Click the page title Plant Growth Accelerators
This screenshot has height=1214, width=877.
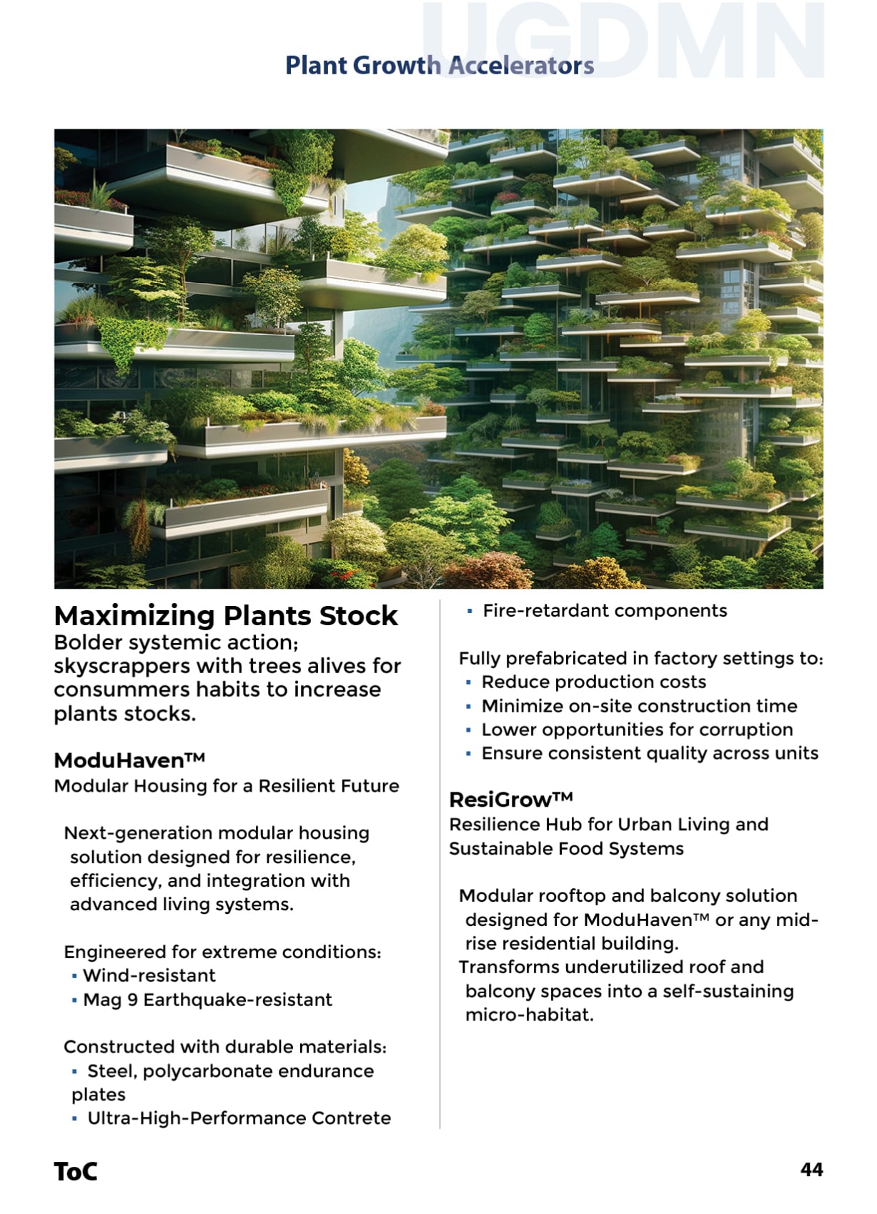(x=439, y=66)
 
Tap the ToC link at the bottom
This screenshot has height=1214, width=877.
(x=75, y=1172)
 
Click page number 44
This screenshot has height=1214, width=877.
(x=811, y=1170)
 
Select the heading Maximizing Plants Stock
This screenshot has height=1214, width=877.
(x=226, y=616)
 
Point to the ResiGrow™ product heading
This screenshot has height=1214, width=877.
(x=510, y=799)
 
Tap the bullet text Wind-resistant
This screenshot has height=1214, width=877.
(x=149, y=975)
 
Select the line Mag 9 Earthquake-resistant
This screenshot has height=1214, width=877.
(x=207, y=1000)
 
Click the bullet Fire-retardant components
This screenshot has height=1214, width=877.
(x=605, y=611)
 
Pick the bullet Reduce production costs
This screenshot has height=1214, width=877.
(x=593, y=682)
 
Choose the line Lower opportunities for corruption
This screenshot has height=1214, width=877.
(x=637, y=730)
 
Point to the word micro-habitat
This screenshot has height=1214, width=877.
(x=529, y=1015)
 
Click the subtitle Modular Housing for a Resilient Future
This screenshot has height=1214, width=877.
(x=227, y=786)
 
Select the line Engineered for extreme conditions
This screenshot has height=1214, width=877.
(x=222, y=952)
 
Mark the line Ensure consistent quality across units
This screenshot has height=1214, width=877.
(x=650, y=753)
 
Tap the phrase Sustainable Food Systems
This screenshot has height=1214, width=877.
(x=566, y=849)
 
